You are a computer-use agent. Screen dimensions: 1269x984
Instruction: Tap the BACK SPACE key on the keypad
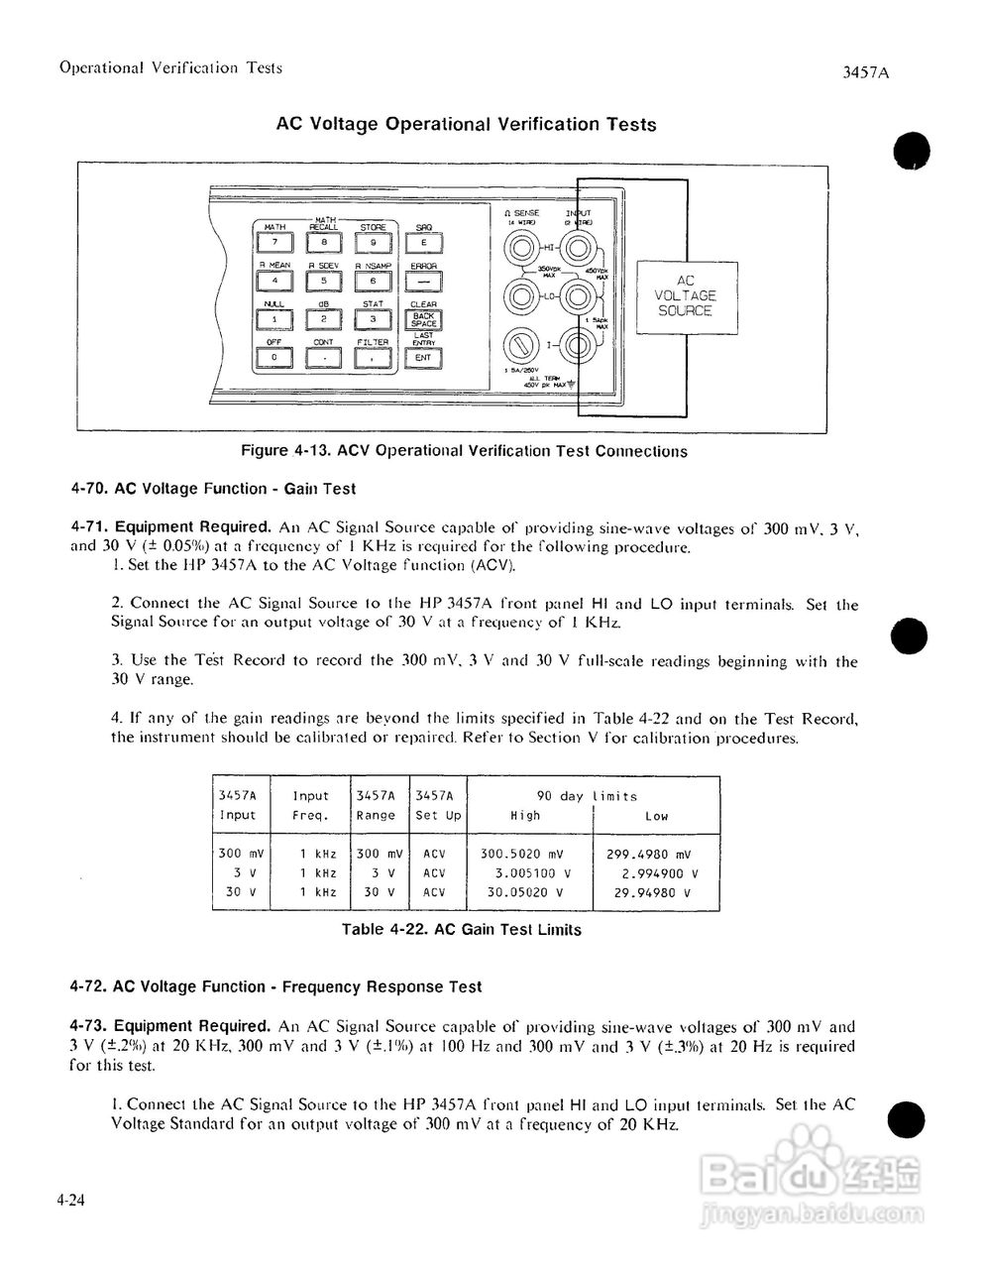[x=423, y=319]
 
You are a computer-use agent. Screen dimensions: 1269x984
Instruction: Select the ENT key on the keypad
[x=423, y=358]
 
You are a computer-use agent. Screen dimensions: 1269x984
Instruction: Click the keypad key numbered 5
[x=323, y=281]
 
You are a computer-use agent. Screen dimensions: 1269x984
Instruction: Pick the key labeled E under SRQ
[x=423, y=242]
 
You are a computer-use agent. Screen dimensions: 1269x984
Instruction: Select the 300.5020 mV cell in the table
[x=521, y=854]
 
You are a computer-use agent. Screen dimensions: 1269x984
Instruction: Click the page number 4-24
[x=70, y=1201]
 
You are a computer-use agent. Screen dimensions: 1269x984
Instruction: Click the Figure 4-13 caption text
[x=464, y=451]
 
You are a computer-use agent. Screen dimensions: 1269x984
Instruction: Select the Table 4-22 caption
[x=461, y=930]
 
